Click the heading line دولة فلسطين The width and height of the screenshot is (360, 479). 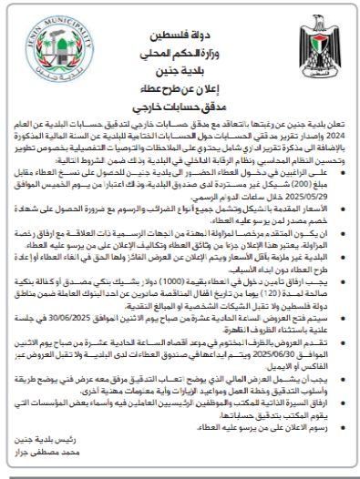tap(180, 16)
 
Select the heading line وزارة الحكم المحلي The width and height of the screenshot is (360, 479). tap(180, 34)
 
